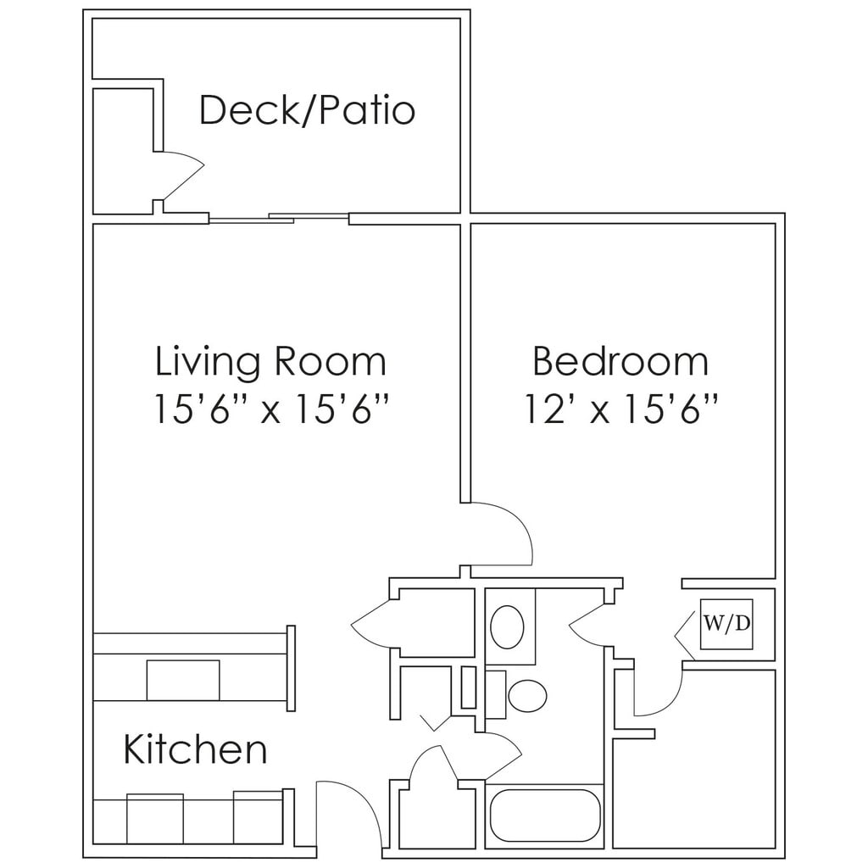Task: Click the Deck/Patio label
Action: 307,111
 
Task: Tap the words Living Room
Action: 270,362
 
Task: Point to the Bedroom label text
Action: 620,362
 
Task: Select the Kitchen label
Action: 195,749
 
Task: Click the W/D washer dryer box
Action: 726,624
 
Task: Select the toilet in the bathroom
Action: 526,696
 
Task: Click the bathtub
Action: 545,815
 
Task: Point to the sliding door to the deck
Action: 278,219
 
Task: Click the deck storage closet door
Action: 182,175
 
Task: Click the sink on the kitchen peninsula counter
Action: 183,680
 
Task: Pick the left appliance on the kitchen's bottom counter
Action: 154,819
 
